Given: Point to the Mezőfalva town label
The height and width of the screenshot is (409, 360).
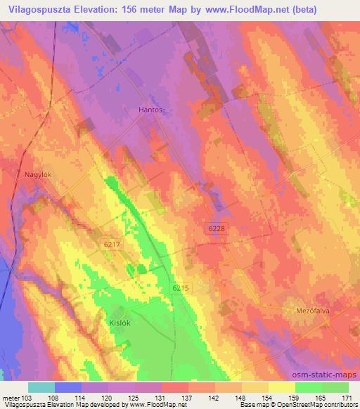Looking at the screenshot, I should [x=311, y=309].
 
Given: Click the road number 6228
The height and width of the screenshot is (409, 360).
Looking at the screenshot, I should [x=217, y=229].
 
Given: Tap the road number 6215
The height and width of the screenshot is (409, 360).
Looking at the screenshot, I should [x=181, y=288].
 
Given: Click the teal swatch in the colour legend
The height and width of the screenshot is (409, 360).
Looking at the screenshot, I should [x=41, y=387].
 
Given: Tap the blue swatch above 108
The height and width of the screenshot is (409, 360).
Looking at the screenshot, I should [x=68, y=387].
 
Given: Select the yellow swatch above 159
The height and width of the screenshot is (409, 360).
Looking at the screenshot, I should [x=282, y=387].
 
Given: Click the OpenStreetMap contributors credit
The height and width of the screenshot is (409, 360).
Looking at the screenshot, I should [x=317, y=405].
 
